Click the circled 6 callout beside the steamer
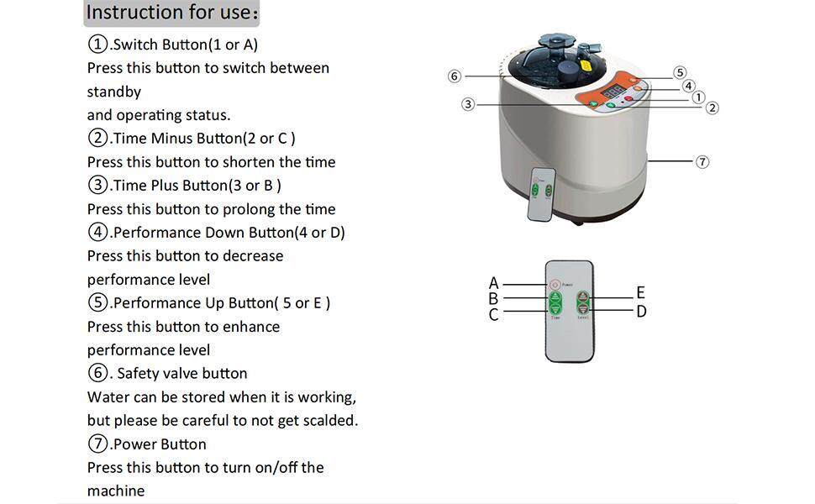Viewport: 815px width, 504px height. pos(455,76)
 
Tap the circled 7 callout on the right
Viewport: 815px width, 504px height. pos(702,161)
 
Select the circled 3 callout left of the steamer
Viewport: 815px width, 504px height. pos(468,104)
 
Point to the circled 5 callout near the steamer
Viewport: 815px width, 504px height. pos(680,73)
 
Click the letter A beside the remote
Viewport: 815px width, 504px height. pos(494,283)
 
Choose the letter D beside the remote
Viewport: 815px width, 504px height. pos(641,312)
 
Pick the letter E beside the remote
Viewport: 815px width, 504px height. pos(640,292)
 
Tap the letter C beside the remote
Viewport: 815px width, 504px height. pos(494,315)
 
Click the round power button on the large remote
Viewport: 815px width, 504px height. pos(555,284)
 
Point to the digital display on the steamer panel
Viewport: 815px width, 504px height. pos(614,91)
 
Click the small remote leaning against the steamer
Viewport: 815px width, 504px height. pos(542,194)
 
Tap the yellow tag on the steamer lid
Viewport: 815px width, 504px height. pos(586,66)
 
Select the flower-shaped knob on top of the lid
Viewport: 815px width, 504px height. pos(555,40)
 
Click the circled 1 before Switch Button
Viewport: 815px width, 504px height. pos(97,45)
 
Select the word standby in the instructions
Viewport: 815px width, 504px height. pos(113,92)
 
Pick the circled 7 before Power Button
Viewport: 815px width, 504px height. pos(97,444)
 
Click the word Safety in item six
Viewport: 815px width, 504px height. pos(138,374)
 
